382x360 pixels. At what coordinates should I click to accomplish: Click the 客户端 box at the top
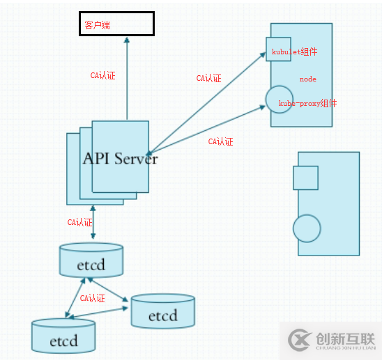click(116, 24)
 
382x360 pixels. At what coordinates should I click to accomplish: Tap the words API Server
click(121, 158)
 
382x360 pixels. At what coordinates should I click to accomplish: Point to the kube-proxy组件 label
click(307, 103)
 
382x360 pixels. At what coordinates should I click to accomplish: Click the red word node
click(308, 79)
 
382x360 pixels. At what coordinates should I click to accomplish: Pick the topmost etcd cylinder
click(91, 260)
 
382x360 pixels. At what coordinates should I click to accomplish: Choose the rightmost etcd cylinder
click(162, 311)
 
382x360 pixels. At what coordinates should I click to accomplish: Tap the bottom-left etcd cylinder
click(63, 335)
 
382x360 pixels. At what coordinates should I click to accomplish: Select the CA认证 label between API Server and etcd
click(79, 223)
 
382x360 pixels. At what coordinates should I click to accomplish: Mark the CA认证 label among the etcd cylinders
click(92, 298)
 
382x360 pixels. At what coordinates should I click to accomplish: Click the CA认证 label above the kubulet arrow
click(208, 79)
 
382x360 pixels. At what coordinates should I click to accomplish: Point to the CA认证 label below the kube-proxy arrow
click(220, 141)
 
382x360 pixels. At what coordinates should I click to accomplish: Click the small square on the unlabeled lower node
click(305, 178)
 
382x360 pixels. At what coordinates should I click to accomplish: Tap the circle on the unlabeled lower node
click(307, 228)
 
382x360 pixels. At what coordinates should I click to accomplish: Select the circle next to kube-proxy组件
click(278, 99)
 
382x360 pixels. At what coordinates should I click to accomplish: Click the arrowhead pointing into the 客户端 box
click(127, 39)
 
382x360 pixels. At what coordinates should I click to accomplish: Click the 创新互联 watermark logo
click(330, 341)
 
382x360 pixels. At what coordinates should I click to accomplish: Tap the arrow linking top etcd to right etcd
click(107, 289)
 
